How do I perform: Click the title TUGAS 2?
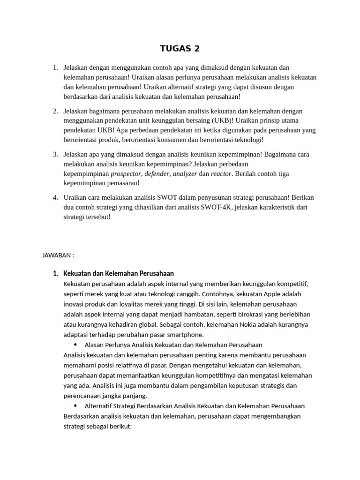click(x=180, y=48)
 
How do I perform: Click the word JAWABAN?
click(x=56, y=255)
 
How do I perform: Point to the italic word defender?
click(x=157, y=174)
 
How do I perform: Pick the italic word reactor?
click(x=221, y=174)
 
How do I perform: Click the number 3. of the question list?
click(x=55, y=154)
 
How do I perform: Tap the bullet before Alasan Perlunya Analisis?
click(x=75, y=345)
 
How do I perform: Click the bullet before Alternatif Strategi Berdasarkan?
click(x=75, y=406)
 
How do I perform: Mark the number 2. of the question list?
click(x=55, y=111)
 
